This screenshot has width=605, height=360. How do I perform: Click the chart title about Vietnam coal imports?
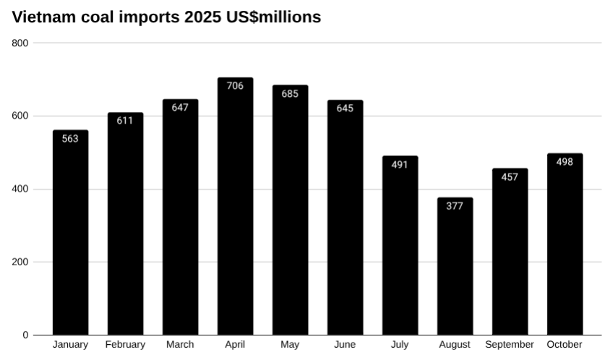(x=166, y=17)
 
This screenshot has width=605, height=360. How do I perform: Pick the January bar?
(x=70, y=239)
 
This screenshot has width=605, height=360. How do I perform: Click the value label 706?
(x=235, y=86)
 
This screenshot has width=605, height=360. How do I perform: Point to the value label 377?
(x=455, y=206)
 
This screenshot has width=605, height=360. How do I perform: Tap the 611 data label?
(x=125, y=121)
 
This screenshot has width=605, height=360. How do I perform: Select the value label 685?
(x=290, y=94)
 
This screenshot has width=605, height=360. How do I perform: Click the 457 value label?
(x=510, y=177)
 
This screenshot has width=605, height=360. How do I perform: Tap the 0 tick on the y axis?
(x=25, y=335)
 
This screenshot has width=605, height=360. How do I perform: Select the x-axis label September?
(x=510, y=345)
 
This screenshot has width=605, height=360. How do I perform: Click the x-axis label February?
(x=125, y=345)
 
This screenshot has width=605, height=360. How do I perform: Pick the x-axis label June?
(x=345, y=345)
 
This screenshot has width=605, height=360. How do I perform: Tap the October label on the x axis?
(x=565, y=345)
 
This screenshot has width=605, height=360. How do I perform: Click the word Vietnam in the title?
(x=43, y=17)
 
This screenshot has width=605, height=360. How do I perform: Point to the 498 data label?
(x=565, y=162)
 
